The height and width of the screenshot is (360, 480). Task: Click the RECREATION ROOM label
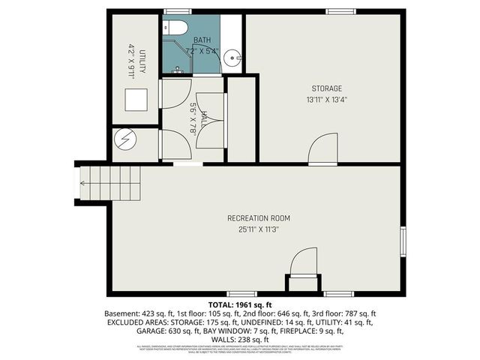259,218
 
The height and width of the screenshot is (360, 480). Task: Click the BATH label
202,40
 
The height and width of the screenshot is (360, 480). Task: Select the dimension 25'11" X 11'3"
259,230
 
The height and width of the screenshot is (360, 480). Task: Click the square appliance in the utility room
135,98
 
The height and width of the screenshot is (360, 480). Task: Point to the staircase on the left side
109,183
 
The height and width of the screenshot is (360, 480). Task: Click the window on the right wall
403,241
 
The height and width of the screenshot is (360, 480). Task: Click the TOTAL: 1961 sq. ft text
240,305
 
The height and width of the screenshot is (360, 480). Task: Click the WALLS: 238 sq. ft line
240,338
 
